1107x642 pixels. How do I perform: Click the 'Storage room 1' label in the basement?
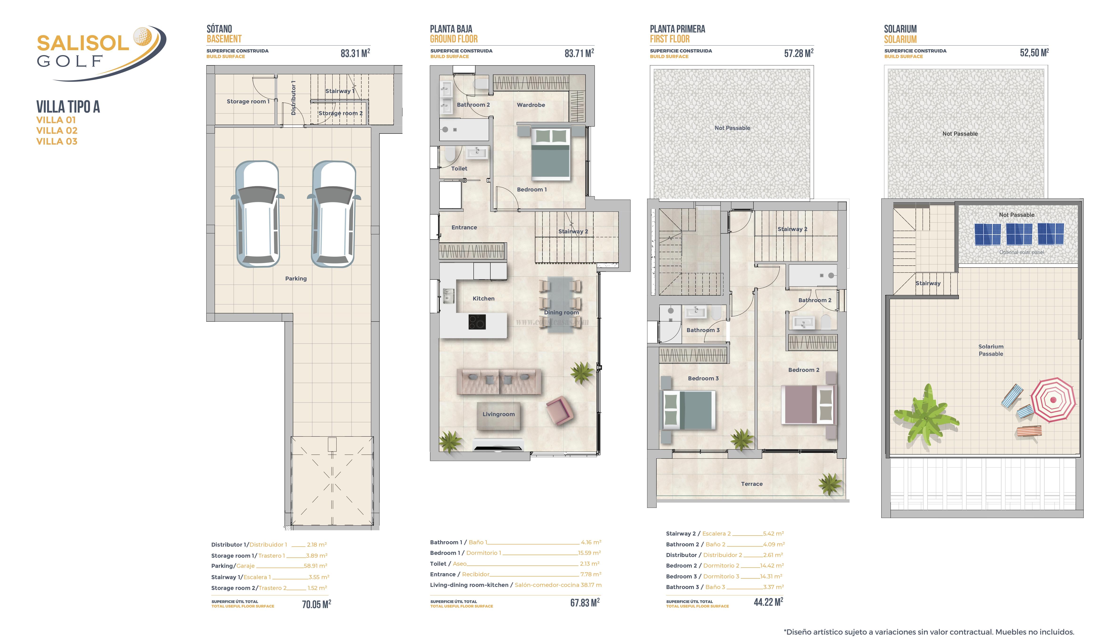[248, 102]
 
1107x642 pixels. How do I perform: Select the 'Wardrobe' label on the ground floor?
[531, 105]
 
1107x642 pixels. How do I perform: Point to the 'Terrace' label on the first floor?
[752, 484]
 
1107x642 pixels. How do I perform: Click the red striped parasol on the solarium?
[1053, 400]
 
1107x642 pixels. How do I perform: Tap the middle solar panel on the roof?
[1019, 234]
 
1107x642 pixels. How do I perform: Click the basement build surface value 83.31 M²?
[355, 53]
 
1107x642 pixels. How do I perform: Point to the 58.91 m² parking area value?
[315, 566]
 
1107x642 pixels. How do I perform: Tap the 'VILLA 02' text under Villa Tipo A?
[57, 130]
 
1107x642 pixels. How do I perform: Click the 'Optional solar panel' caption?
[1021, 252]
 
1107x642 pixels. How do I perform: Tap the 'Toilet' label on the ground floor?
[459, 169]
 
